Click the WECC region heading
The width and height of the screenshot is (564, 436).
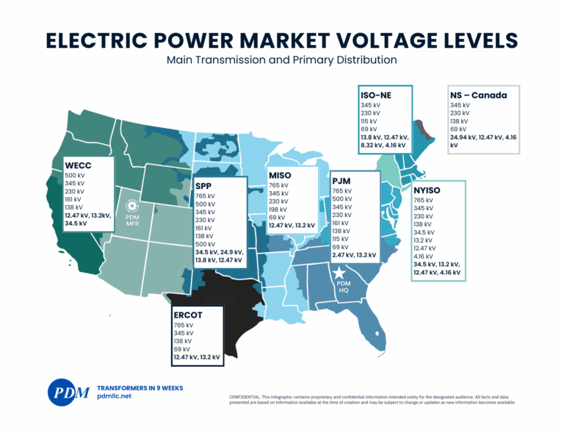click(79, 165)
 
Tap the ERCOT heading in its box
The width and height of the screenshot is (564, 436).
click(189, 315)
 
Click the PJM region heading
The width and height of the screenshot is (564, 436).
click(345, 180)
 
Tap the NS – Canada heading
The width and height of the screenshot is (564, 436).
click(478, 95)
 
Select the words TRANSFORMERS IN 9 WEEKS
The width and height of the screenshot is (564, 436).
click(140, 387)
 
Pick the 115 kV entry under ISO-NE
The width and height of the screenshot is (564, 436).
click(369, 121)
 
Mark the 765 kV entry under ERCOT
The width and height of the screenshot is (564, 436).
click(184, 325)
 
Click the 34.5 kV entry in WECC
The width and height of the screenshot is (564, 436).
click(77, 223)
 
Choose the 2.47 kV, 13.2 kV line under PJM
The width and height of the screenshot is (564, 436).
click(354, 255)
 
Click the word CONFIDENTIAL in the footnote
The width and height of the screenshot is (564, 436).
click(247, 397)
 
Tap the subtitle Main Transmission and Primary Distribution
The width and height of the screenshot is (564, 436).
click(281, 59)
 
